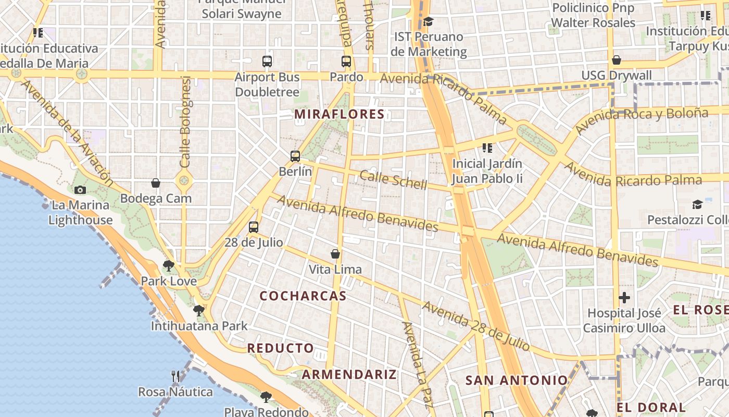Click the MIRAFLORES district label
tap(339, 114)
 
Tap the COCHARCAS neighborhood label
tap(303, 296)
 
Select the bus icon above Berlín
tap(295, 156)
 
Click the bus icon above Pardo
tap(346, 62)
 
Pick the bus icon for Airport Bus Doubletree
tap(267, 62)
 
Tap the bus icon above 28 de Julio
tap(254, 227)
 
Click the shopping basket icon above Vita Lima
tap(335, 254)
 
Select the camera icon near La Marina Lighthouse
tap(80, 190)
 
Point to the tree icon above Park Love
tap(168, 266)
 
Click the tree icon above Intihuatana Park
tap(198, 311)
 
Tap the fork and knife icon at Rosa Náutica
tap(175, 376)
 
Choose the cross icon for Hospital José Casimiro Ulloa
tap(624, 298)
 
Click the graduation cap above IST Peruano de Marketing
tap(428, 21)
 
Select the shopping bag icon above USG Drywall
tap(617, 60)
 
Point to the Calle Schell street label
tap(393, 180)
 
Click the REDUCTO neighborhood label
tap(281, 348)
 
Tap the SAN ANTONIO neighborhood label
tap(516, 381)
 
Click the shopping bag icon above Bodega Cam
tap(155, 183)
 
